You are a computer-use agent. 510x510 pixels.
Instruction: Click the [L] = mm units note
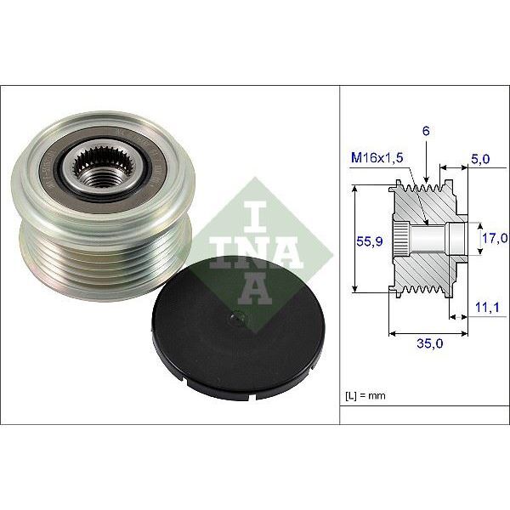click(366, 396)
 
